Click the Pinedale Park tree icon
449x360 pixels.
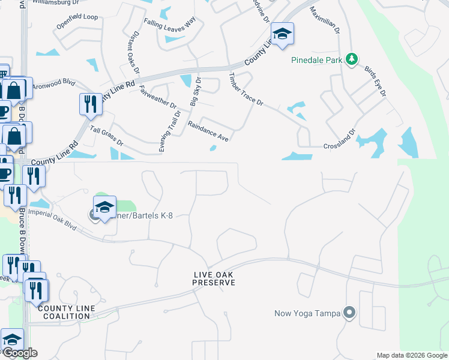tap(352, 59)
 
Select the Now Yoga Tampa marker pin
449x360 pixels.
tap(349, 313)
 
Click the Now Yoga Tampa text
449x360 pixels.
tap(306, 313)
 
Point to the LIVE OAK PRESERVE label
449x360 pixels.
tap(214, 278)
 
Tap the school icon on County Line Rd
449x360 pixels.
tap(281, 34)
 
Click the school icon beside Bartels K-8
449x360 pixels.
tap(104, 208)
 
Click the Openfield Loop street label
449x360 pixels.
tap(77, 17)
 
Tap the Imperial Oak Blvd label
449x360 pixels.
tap(53, 221)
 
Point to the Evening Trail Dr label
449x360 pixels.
tap(170, 131)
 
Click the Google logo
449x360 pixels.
tap(19, 353)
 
